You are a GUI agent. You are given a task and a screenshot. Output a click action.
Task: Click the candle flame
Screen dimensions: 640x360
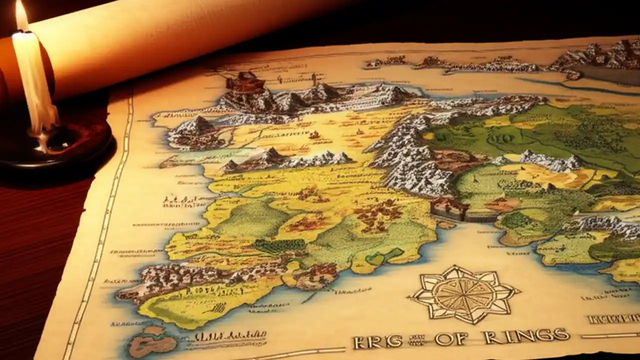click(21, 15)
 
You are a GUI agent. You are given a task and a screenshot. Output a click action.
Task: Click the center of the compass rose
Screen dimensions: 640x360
click(463, 294)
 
